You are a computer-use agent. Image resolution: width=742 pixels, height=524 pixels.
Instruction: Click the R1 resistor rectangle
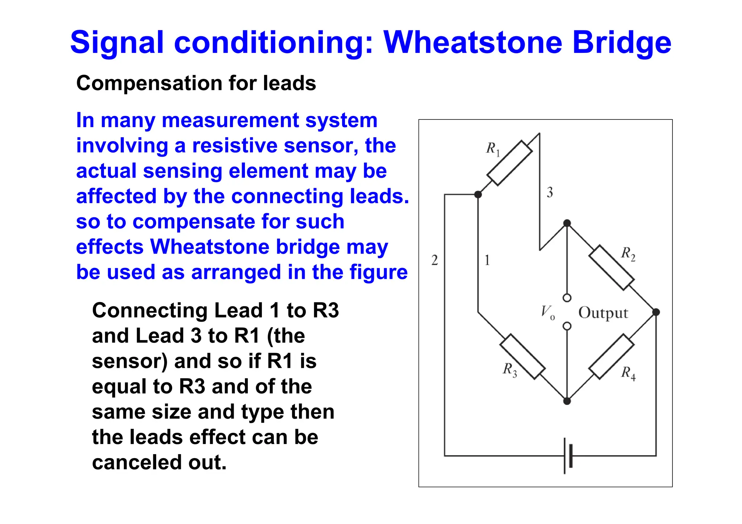point(509,163)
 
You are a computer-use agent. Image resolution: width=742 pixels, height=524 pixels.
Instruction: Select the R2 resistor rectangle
point(611,268)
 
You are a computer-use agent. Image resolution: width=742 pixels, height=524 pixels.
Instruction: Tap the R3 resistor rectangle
point(522,357)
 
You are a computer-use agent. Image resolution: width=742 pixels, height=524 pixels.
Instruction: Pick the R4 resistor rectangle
point(611,357)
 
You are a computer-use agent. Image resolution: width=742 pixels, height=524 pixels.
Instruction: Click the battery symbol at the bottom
point(568,456)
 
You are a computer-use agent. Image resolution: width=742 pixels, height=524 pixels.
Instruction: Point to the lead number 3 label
point(550,192)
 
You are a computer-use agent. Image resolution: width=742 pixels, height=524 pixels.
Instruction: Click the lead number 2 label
point(434,260)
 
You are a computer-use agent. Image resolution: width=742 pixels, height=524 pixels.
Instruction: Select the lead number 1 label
point(487,260)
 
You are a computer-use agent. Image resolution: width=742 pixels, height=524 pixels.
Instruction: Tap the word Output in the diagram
point(603,313)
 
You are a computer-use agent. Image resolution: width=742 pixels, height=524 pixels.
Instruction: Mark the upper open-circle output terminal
point(567,298)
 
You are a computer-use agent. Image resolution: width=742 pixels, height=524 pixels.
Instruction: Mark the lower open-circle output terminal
point(567,326)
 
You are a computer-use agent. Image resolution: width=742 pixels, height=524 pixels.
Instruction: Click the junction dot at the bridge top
point(567,223)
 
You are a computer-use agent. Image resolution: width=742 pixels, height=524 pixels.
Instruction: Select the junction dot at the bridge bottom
point(567,401)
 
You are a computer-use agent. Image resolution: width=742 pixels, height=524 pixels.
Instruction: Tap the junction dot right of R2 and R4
point(656,312)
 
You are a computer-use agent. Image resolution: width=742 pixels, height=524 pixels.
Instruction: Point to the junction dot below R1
point(478,194)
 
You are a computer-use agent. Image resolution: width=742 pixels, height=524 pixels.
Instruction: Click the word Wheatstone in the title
point(473,43)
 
